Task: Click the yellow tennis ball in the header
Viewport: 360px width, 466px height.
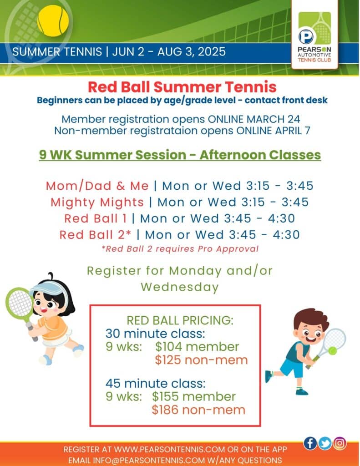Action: coord(53,21)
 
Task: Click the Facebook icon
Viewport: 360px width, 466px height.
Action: coord(310,443)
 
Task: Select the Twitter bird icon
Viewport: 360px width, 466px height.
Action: coord(325,443)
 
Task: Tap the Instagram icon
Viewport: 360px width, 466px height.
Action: coord(340,443)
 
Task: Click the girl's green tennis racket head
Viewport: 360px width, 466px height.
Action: coord(20,303)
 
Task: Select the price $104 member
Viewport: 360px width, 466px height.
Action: coord(197,346)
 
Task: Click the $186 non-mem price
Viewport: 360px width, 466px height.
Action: coord(198,410)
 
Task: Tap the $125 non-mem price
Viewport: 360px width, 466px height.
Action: coord(201,360)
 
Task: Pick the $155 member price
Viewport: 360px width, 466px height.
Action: coord(194,396)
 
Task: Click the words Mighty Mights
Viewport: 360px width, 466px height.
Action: coord(97,203)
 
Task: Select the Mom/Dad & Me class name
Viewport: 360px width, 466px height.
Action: coord(97,186)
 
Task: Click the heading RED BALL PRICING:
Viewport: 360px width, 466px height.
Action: coord(180,320)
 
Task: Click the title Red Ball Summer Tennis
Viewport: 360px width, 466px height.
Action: coord(182,87)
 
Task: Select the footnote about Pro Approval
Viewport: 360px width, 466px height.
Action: coord(180,249)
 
